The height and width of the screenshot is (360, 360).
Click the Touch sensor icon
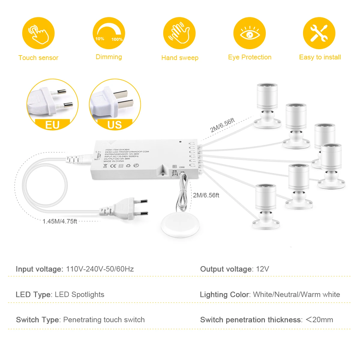point(38,33)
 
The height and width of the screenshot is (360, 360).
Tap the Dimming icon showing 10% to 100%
point(109,33)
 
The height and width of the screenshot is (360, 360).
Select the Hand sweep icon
point(179,33)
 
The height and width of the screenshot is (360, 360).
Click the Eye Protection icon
point(250,33)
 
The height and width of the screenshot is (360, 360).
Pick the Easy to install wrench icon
point(319,33)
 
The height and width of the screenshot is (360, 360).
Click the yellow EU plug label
point(52,124)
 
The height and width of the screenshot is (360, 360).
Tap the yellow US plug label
point(115,124)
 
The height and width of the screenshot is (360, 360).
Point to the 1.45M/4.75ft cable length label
point(60,221)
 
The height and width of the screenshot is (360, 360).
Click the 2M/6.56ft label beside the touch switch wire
point(206,195)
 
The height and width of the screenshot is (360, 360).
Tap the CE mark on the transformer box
point(113,165)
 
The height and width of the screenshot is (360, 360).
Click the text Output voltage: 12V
point(234,269)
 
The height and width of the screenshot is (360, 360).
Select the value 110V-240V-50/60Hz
point(100,269)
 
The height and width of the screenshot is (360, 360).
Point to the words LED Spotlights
point(79,295)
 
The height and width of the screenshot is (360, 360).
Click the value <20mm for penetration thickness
point(319,320)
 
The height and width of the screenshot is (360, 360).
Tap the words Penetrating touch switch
point(104,320)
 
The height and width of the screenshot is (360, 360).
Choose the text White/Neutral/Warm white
point(296,295)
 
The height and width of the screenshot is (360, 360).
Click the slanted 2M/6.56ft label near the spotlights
point(222,125)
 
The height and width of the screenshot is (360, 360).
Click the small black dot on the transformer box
point(180,142)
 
